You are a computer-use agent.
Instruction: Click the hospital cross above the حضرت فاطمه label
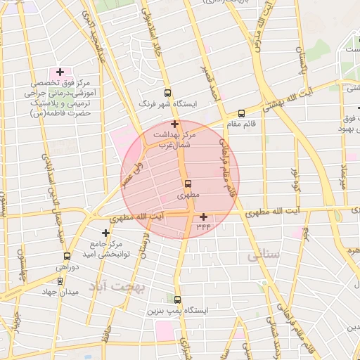click(60, 72)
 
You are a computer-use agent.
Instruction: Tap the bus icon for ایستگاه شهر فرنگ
click(167, 93)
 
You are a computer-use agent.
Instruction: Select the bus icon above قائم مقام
click(242, 112)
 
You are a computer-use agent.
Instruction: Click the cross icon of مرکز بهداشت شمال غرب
click(174, 124)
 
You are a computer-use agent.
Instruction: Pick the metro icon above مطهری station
click(186, 184)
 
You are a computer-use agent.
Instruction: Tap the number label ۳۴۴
click(203, 226)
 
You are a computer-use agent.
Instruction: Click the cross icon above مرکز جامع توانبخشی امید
click(105, 233)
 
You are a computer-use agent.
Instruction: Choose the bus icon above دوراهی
click(67, 257)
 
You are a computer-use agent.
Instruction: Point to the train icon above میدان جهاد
click(60, 281)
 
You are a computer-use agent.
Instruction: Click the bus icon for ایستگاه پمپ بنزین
click(176, 300)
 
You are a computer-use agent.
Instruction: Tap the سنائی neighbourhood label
click(264, 257)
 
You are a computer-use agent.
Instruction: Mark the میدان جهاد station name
click(59, 292)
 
